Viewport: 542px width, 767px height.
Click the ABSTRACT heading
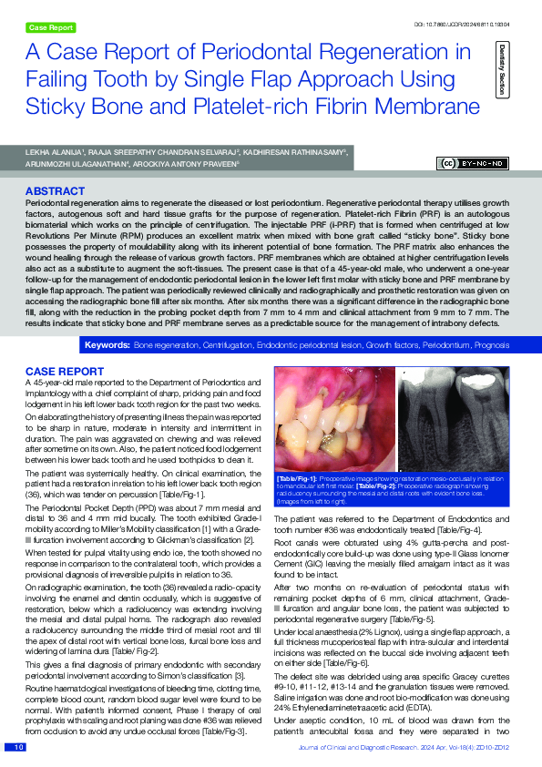click(56, 191)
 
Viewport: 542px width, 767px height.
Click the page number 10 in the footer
click(18, 747)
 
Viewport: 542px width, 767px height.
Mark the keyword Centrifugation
click(225, 346)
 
